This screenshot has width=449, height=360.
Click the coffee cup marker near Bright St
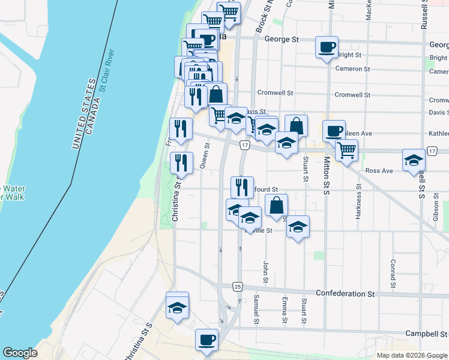(327, 47)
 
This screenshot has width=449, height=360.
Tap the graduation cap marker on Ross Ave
(414, 160)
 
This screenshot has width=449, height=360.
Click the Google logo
(20, 353)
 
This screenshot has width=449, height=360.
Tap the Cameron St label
(352, 69)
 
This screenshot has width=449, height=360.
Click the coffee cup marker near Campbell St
(207, 340)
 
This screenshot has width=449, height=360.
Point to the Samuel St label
(256, 310)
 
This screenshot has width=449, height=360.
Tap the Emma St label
(284, 310)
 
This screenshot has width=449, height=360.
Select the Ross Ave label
(379, 171)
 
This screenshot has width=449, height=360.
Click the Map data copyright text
(411, 355)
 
